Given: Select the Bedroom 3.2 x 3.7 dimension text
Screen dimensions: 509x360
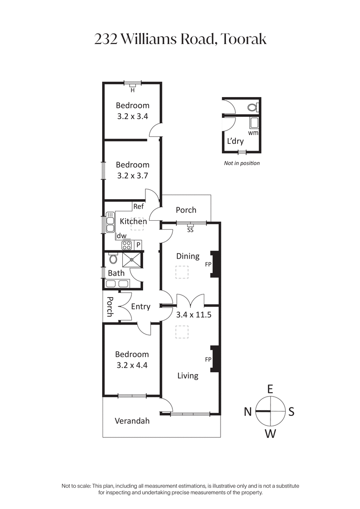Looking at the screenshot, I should click(133, 176).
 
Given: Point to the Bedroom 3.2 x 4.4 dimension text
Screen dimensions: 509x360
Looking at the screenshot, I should click(132, 365).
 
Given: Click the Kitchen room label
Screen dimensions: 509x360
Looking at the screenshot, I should click(133, 221).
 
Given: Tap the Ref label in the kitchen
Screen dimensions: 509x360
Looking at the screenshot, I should click(138, 207).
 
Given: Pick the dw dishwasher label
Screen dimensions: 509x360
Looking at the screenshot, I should click(121, 236).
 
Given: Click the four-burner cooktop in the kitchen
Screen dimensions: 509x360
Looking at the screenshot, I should click(127, 245).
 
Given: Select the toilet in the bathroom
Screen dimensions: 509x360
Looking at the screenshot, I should click(113, 259).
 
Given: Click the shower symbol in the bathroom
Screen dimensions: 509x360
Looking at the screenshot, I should click(131, 259).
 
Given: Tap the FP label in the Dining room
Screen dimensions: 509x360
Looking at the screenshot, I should click(208, 264).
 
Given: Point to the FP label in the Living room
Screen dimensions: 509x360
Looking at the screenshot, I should click(208, 360).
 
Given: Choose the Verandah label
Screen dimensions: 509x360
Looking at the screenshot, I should click(132, 421).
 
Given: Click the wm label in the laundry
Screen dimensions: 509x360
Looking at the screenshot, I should click(253, 133).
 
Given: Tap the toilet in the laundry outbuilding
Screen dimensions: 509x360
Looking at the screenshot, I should click(254, 107).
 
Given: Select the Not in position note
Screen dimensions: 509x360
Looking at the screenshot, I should click(242, 163).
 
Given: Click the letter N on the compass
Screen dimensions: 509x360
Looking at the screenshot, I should click(247, 411).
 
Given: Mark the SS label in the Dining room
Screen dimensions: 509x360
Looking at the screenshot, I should click(190, 230).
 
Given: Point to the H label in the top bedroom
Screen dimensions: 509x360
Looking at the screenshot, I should click(132, 90).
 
